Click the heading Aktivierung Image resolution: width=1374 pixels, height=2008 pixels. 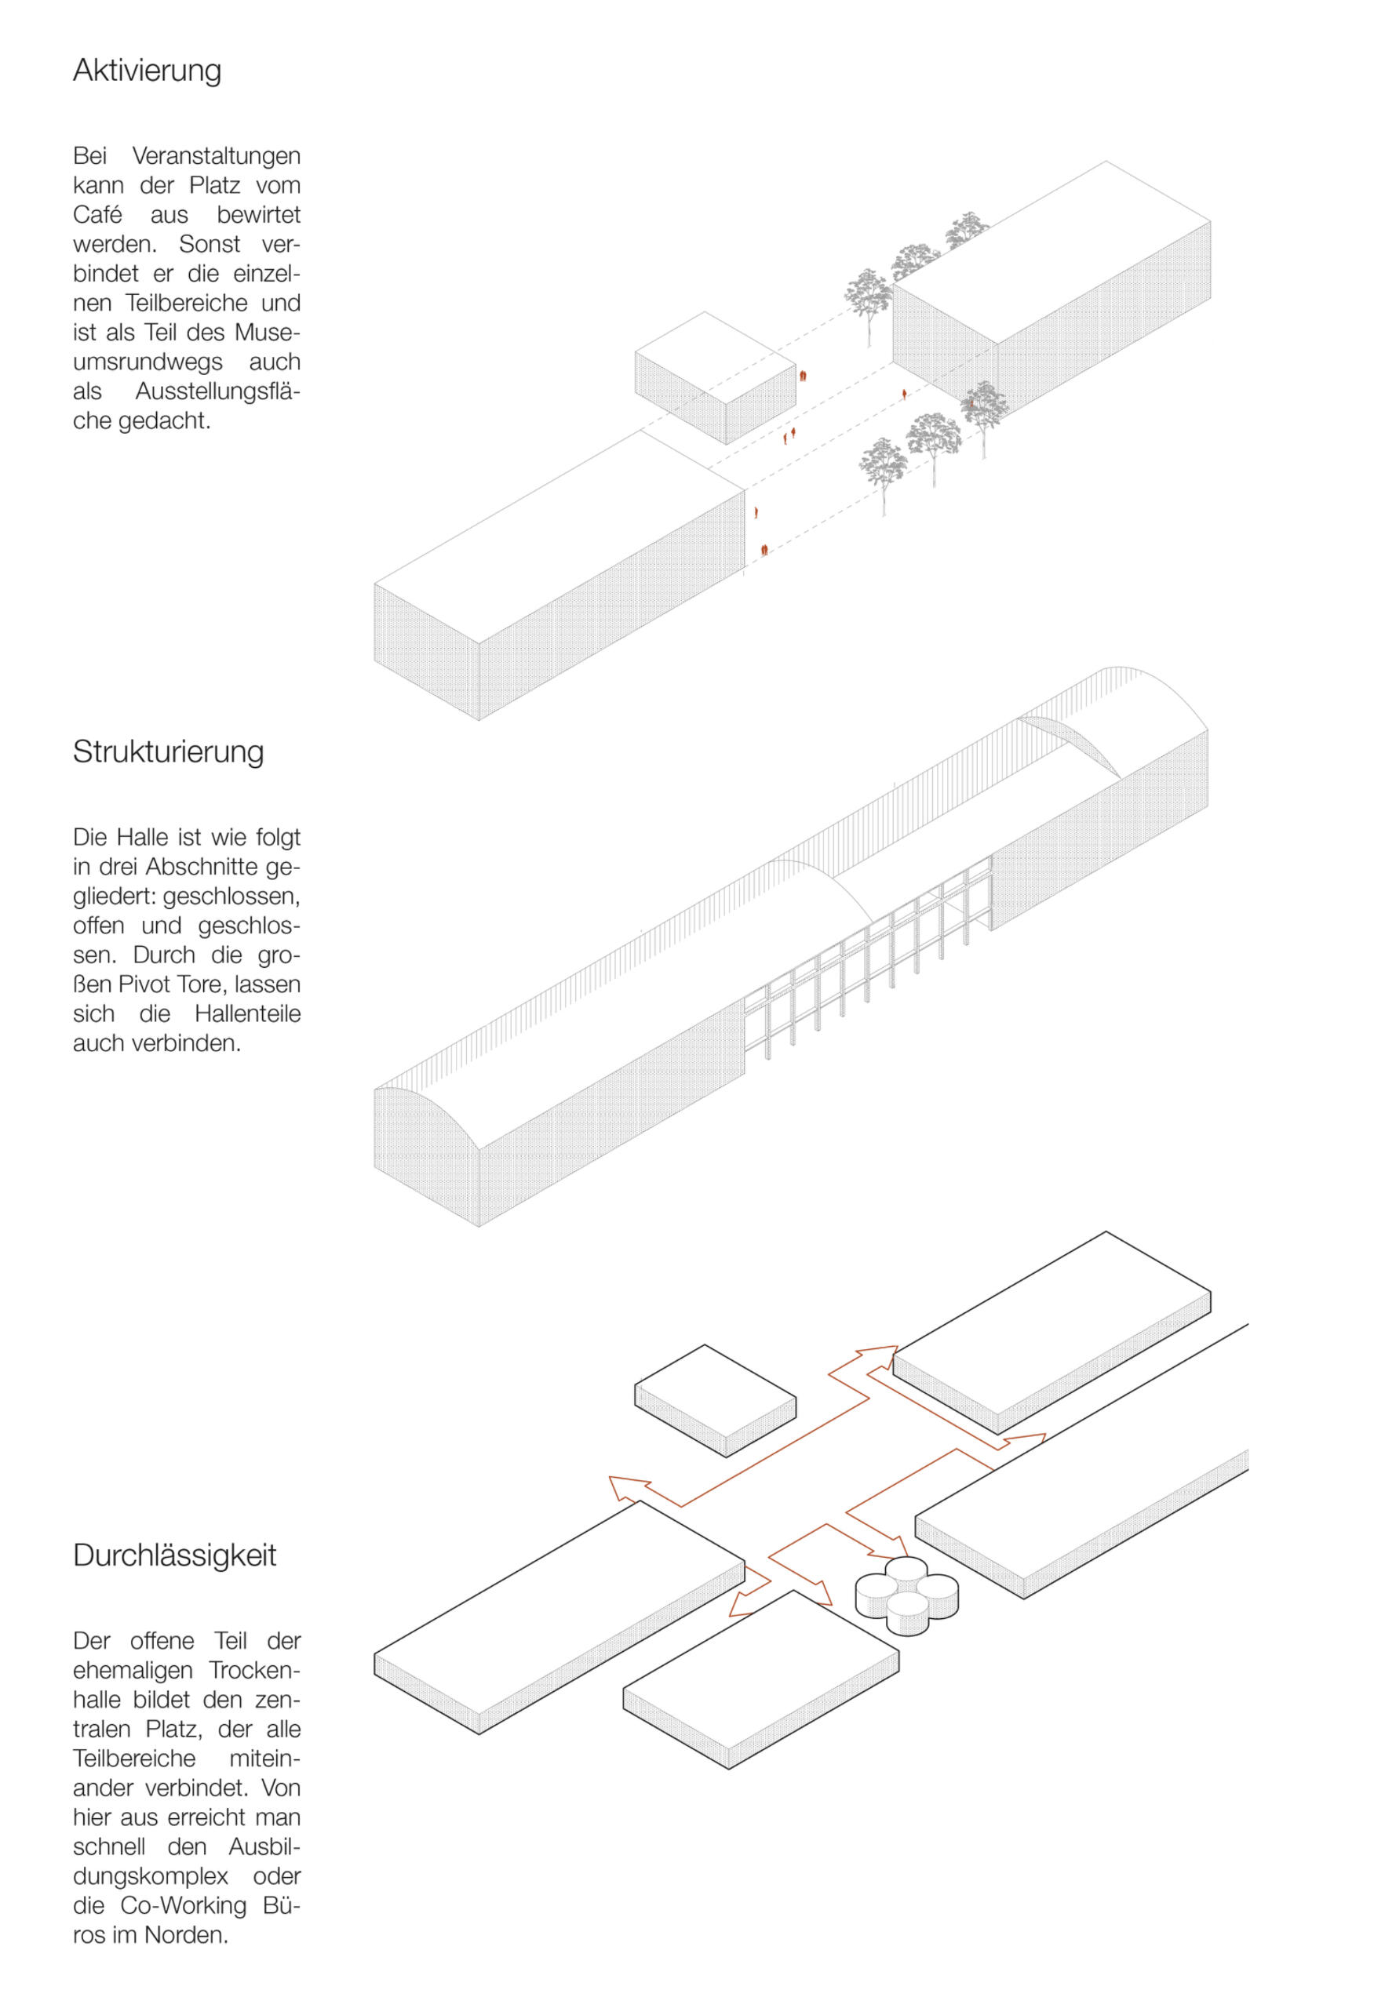point(147,71)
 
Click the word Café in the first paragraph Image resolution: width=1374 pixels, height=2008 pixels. point(97,214)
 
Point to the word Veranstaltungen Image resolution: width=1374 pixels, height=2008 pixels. point(216,156)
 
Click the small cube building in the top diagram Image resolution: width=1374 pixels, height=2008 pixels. point(715,377)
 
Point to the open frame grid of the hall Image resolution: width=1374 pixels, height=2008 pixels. point(868,959)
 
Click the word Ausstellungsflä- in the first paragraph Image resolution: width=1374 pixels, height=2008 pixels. point(218,391)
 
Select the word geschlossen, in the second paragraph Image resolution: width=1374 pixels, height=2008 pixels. point(231,897)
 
